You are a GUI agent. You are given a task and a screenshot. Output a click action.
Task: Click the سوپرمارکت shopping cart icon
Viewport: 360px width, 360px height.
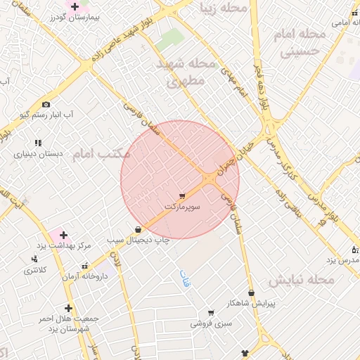182,196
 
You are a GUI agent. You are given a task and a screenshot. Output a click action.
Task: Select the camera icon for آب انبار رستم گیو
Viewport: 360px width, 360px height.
46,104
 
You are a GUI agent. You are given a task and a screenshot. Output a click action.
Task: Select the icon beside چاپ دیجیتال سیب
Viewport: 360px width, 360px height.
138,229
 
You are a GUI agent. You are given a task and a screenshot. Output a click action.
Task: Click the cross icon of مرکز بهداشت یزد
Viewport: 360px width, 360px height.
63,235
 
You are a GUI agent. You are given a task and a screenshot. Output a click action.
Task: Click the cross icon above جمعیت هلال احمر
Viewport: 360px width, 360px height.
68,308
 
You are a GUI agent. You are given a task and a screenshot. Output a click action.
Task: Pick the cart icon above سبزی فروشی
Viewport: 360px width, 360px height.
210,314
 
